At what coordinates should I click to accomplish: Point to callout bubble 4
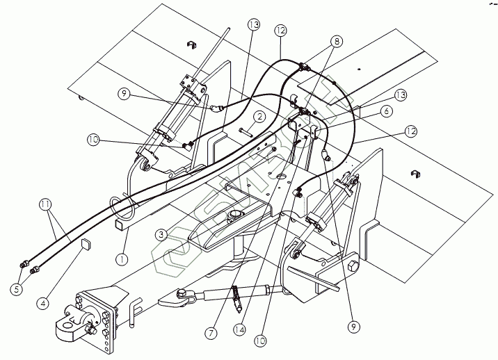[x=45, y=304]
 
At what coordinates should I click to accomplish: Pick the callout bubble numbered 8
[x=337, y=41]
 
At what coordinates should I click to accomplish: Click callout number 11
[x=46, y=204]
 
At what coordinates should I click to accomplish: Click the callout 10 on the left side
[x=93, y=140]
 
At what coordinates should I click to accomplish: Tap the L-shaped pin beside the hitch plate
[x=132, y=313]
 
